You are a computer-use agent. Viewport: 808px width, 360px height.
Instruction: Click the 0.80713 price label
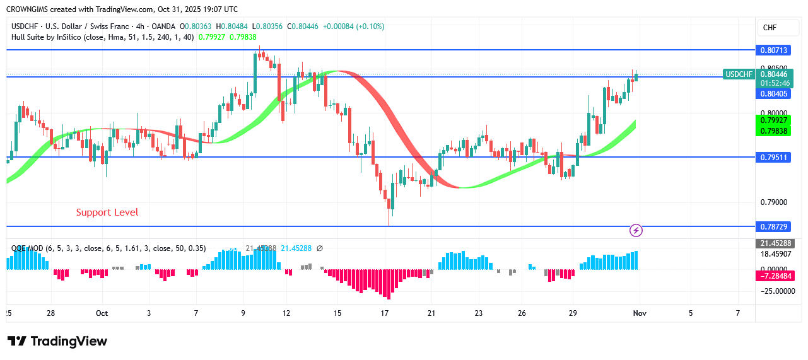[x=772, y=49]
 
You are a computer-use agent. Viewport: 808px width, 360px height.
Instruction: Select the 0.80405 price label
[x=772, y=94]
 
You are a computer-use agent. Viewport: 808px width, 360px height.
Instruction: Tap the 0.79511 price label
[x=772, y=157]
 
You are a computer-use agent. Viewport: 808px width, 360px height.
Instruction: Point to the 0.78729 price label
[x=772, y=226]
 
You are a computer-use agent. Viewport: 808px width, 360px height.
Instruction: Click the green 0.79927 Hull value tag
[x=773, y=120]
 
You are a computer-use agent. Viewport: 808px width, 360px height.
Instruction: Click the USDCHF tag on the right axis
[x=739, y=74]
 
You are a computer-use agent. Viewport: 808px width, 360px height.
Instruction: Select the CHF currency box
[x=770, y=28]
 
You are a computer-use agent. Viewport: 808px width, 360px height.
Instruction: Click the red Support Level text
[x=107, y=212]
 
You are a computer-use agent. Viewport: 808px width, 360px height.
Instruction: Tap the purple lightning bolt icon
[x=636, y=231]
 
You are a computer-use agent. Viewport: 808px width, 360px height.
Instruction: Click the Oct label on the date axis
[x=102, y=313]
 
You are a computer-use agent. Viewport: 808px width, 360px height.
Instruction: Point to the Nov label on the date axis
[x=640, y=313]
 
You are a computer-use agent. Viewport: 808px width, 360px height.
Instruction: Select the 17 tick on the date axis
[x=385, y=313]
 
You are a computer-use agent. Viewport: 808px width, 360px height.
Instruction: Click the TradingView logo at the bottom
[x=57, y=341]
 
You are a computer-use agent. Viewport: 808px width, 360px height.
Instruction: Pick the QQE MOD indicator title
[x=27, y=248]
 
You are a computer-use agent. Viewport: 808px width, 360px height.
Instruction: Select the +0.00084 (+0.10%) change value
[x=353, y=26]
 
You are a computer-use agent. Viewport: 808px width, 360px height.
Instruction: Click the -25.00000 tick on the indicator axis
[x=776, y=291]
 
